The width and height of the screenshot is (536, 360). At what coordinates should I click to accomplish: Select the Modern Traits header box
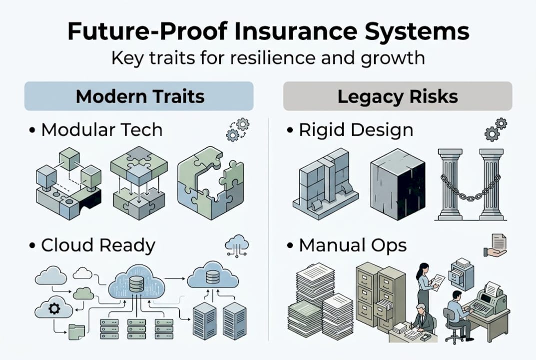pos(139,96)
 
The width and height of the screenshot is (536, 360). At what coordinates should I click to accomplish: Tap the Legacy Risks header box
pos(397,96)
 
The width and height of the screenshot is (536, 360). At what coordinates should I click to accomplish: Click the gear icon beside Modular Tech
pos(237,129)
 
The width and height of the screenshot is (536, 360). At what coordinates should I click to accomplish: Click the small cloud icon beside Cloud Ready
pos(237,245)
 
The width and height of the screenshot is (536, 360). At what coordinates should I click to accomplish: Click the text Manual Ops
pos(352,245)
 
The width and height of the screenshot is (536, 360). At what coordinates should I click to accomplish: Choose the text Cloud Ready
pos(98,245)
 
